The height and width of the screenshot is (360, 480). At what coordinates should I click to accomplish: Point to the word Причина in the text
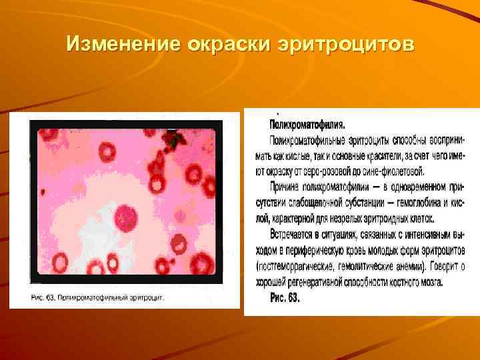[288, 186]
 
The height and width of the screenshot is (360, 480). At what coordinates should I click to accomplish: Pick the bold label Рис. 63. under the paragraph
[285, 298]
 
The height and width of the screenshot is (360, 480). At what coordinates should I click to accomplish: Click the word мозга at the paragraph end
[431, 282]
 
